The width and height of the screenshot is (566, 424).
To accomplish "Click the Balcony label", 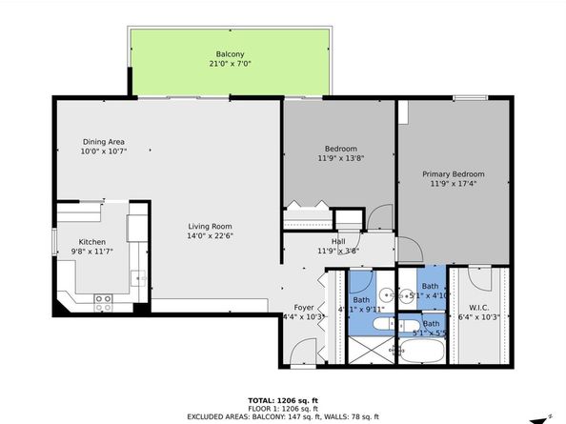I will click(230, 54).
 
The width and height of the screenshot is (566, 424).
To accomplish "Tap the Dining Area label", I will click(102, 141).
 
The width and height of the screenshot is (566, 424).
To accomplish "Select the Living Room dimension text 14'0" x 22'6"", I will click(210, 237).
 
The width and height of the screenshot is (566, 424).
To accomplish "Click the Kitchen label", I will click(91, 242).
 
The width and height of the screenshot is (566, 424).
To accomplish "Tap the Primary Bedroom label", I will click(454, 174).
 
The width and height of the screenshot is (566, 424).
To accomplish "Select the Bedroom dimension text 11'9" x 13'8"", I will click(340, 158).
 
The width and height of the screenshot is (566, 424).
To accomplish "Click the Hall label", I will click(338, 242).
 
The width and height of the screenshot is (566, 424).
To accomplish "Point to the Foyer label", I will click(303, 308).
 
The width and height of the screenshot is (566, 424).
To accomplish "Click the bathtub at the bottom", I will click(421, 354).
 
